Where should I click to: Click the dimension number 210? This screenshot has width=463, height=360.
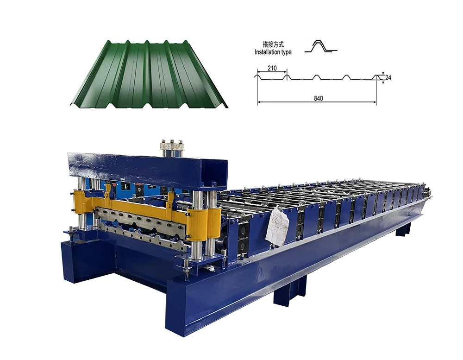point(272,68)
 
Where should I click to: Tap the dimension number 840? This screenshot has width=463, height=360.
point(319,98)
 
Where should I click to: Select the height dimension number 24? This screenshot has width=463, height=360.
point(388,77)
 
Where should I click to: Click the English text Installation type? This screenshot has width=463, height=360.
point(273,52)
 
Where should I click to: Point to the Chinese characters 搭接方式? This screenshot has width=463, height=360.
point(274,44)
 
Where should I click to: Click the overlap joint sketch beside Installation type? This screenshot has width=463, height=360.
point(321,46)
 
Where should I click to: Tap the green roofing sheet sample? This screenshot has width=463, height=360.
point(149,74)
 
